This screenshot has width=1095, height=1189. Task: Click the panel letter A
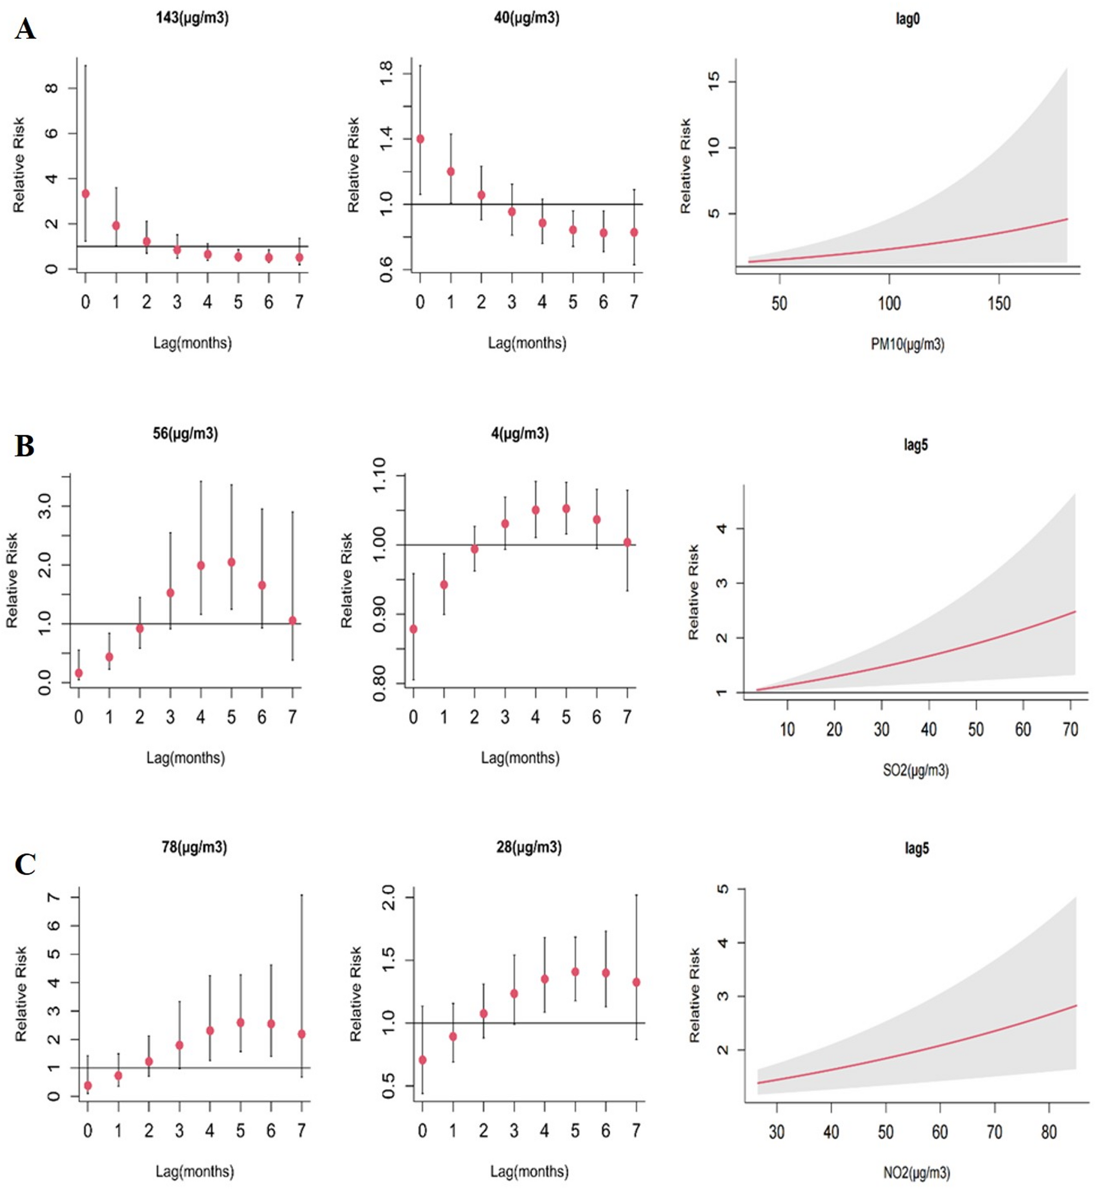(25, 28)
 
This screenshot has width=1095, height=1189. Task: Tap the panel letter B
(25, 446)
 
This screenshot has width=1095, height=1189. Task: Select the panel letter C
(25, 864)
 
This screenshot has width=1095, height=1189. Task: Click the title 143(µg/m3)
(192, 18)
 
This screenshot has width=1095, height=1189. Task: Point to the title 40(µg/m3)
(526, 18)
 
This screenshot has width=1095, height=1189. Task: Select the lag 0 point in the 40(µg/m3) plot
(420, 139)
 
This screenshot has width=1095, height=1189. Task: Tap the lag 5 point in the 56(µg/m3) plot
(231, 562)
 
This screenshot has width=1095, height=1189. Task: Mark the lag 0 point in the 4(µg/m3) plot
(413, 629)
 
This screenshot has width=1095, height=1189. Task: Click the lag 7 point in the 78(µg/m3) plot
(302, 1034)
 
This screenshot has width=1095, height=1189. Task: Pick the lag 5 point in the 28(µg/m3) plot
(575, 971)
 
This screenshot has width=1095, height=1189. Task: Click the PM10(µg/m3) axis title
(907, 344)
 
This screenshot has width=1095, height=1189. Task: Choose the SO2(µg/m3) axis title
(916, 771)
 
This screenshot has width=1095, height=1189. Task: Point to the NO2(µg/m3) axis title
(916, 1173)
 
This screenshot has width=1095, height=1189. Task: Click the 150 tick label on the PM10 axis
(999, 304)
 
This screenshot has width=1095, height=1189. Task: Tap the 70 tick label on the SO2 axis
(1070, 730)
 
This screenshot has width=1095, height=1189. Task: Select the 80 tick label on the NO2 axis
(1049, 1132)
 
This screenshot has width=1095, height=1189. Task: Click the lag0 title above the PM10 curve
(907, 19)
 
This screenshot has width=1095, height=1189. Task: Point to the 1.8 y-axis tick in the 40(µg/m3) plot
(386, 74)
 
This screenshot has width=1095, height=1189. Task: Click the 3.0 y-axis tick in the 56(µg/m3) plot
(45, 506)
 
